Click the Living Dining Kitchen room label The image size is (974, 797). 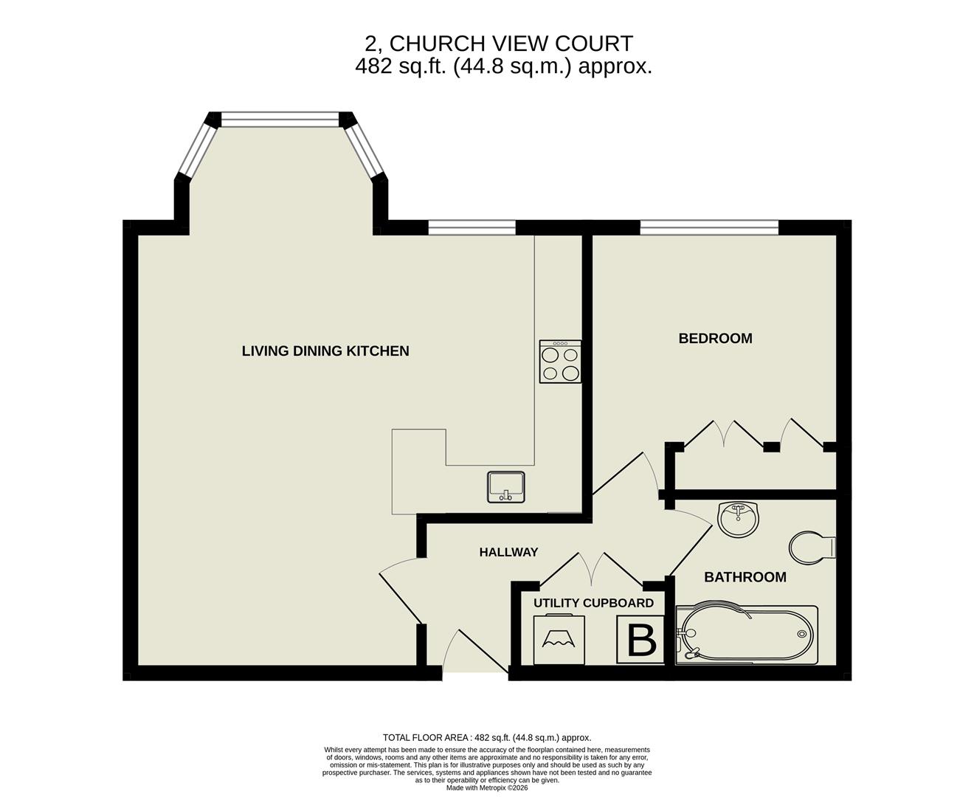325,351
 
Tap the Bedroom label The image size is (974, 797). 715,339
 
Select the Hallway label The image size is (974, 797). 508,552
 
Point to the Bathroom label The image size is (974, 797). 745,577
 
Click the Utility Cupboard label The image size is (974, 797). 593,603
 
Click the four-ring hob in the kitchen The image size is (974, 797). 560,362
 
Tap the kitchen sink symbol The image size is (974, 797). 506,487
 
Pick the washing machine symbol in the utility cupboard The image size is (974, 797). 559,639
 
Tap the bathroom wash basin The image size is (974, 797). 738,520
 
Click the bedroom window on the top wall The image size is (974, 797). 709,227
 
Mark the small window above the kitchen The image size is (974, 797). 472,227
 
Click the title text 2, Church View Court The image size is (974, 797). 500,44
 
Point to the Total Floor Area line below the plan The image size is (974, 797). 487,737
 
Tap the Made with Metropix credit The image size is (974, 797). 487,787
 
